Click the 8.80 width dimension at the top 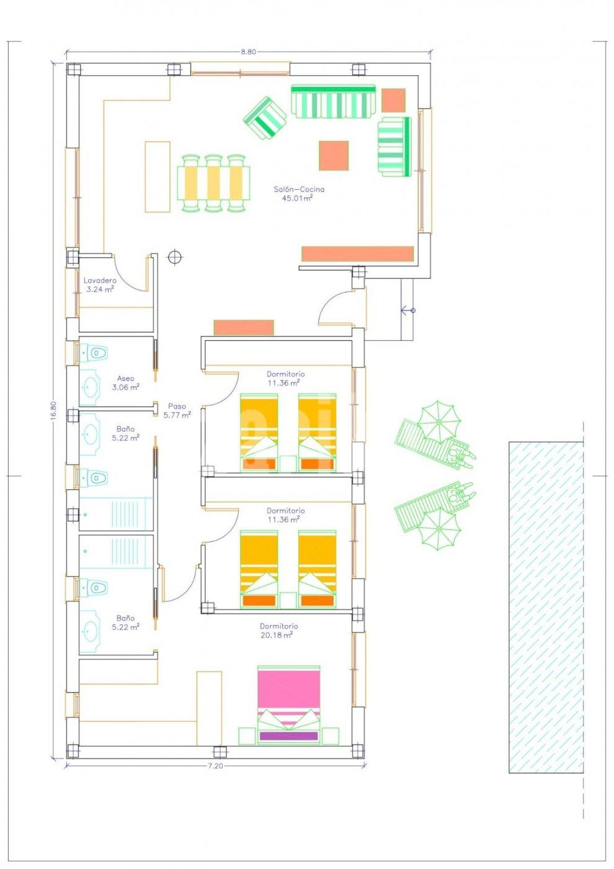pyautogui.click(x=249, y=52)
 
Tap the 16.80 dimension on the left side pyautogui.click(x=53, y=409)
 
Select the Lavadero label pyautogui.click(x=100, y=280)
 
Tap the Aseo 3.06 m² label pyautogui.click(x=125, y=382)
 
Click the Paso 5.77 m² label pyautogui.click(x=177, y=410)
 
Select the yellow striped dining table pyautogui.click(x=213, y=184)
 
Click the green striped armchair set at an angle pyautogui.click(x=265, y=119)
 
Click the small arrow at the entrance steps pyautogui.click(x=408, y=310)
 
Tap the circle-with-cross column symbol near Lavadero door pyautogui.click(x=176, y=257)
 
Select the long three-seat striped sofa pyautogui.click(x=334, y=101)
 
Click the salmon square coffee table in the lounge pyautogui.click(x=334, y=156)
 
